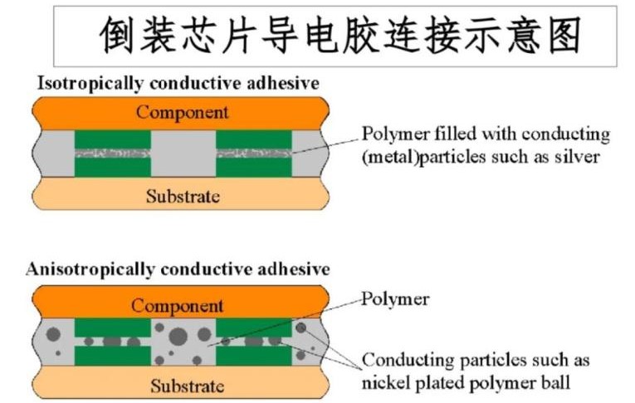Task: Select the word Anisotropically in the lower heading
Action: coord(90,269)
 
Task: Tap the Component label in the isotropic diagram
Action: coord(183,113)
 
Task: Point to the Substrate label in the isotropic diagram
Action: coord(183,197)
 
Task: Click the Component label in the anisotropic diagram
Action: coord(178,306)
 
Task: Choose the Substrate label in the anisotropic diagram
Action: coord(188,386)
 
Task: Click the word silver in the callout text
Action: coord(577,157)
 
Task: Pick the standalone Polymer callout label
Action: coord(395,299)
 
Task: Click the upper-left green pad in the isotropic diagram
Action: coord(113,139)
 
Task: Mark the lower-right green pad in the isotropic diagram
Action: coord(254,168)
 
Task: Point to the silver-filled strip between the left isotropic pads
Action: coord(113,153)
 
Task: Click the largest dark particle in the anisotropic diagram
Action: coord(178,336)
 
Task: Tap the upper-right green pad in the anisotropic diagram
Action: coord(254,328)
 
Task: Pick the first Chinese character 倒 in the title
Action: coord(117,35)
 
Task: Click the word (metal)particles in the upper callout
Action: coord(423,158)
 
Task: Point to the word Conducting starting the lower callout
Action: coord(408,361)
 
